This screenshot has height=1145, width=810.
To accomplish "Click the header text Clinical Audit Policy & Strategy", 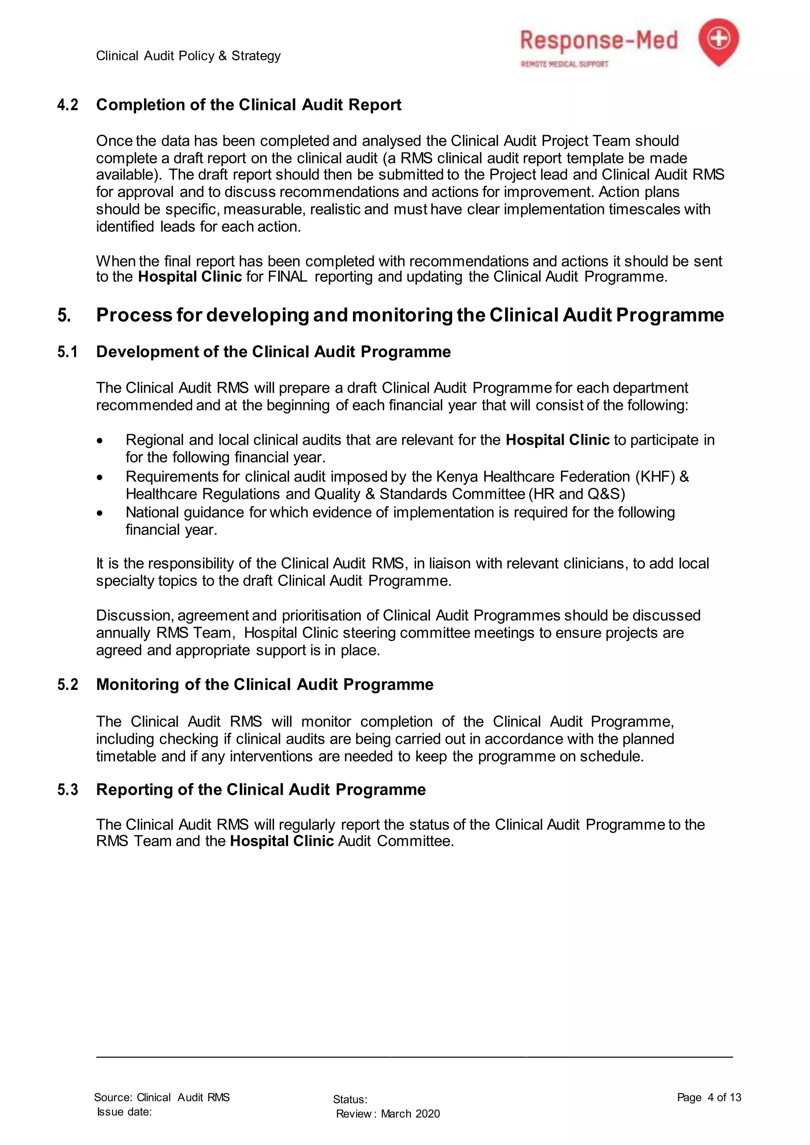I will click(188, 56).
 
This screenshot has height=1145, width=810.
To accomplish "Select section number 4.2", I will click(68, 105).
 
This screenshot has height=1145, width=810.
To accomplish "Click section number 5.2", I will click(68, 685).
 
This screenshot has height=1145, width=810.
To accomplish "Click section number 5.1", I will click(68, 352).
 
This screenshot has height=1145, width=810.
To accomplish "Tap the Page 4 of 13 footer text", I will click(709, 1097).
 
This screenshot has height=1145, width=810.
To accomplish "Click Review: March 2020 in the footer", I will click(388, 1114).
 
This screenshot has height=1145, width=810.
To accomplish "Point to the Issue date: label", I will click(124, 1111).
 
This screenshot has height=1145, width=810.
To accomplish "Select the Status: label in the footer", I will click(350, 1100).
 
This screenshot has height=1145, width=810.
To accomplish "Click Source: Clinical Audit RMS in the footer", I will click(162, 1097).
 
